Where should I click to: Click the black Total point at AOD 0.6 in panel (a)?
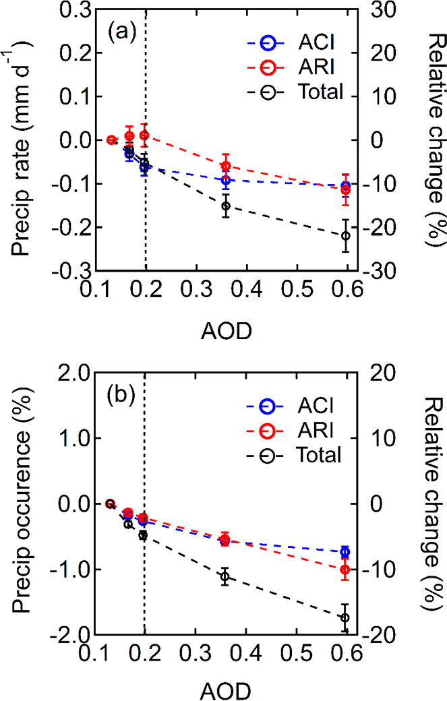pos(346,235)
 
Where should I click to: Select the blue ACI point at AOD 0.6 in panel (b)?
pos(346,552)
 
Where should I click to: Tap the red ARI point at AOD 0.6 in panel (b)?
pos(346,570)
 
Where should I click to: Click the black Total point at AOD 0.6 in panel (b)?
pos(346,617)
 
